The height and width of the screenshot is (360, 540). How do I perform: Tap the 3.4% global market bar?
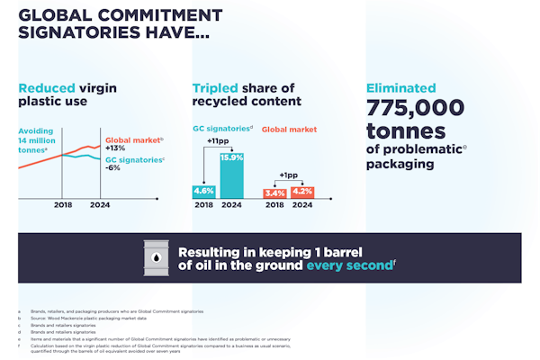click(274, 193)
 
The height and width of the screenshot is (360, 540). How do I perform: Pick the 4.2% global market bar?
click(302, 192)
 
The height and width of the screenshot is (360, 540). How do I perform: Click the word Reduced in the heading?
click(46, 88)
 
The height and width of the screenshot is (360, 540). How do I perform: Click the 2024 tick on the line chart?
click(99, 206)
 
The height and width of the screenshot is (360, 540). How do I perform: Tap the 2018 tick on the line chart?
click(61, 206)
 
